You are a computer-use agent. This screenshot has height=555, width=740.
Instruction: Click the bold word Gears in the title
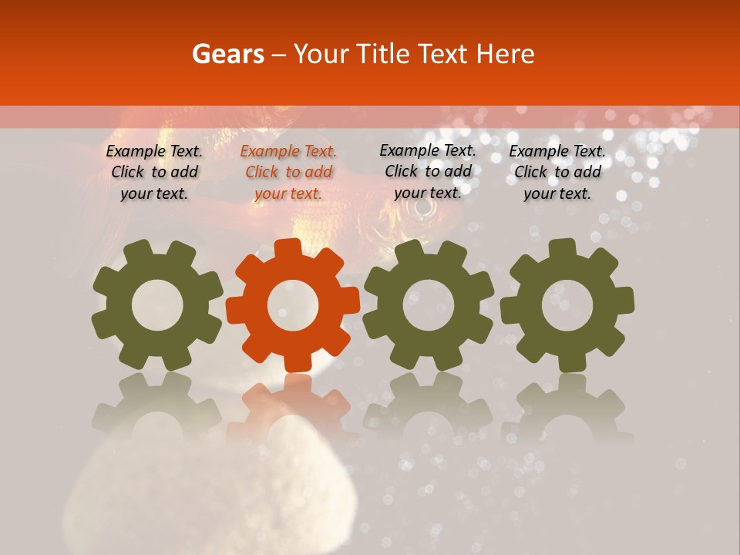coord(227,54)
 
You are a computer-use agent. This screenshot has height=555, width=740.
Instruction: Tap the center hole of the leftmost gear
coord(157,306)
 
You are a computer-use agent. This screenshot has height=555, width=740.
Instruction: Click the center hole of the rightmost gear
coord(567,306)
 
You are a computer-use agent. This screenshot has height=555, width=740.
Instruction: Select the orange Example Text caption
coord(288,173)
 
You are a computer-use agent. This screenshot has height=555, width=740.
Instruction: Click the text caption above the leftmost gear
coord(154,173)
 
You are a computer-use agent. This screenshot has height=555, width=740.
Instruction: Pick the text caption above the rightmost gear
coord(557,173)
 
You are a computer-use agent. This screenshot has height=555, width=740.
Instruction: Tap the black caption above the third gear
coord(428,172)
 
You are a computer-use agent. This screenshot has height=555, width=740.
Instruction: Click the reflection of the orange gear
coord(292,405)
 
